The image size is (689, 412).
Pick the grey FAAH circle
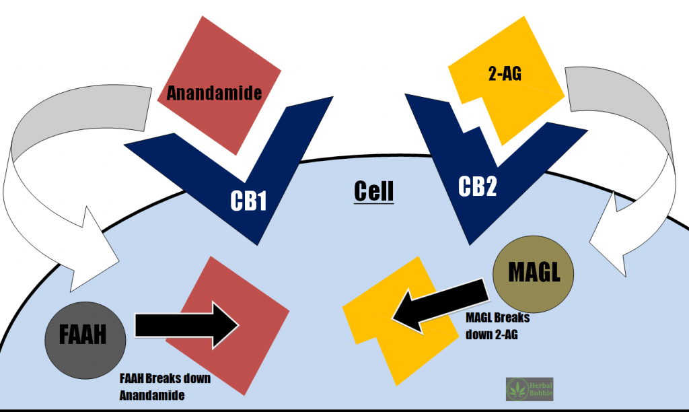tap(83, 335)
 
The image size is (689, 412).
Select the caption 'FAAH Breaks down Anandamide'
tap(165, 387)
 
